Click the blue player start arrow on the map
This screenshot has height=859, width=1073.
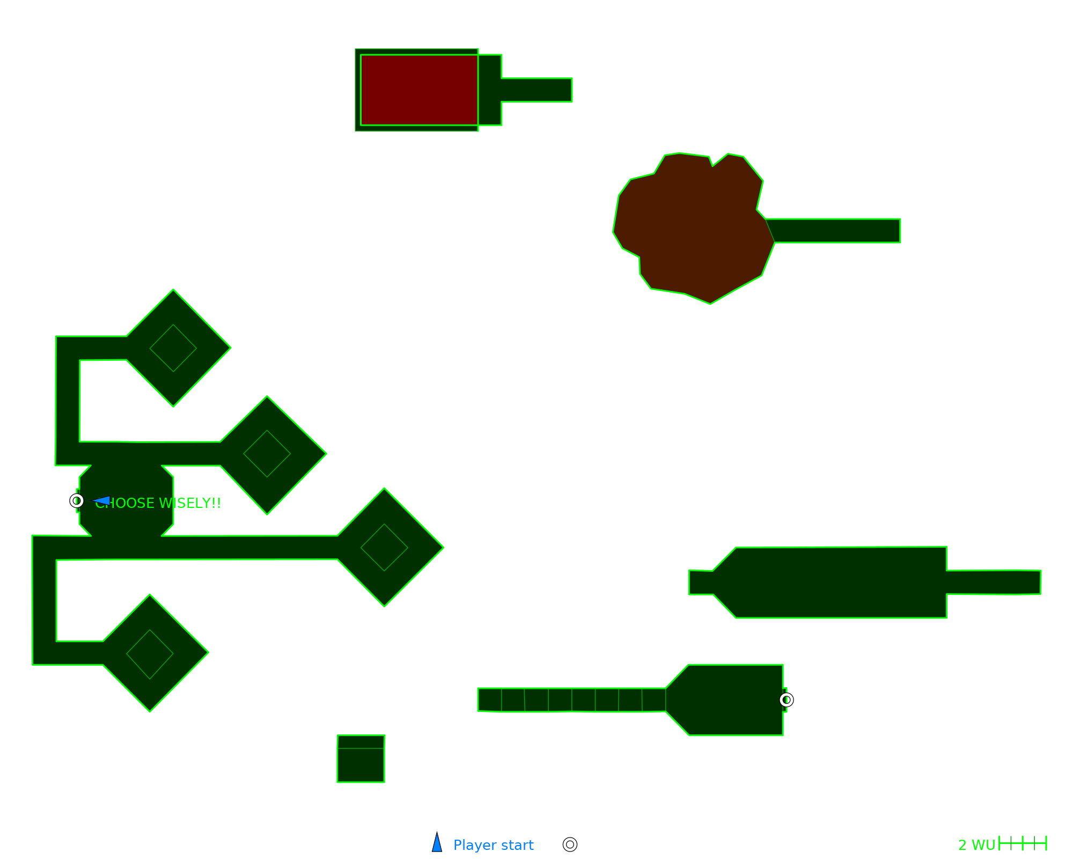click(102, 501)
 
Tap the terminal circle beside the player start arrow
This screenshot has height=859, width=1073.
click(77, 501)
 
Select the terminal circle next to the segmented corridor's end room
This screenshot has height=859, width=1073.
click(786, 700)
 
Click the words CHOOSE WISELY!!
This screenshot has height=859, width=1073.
click(158, 503)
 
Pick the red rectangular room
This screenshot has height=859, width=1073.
click(419, 90)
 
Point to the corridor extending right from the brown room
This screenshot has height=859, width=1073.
click(837, 231)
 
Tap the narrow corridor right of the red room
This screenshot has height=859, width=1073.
click(536, 90)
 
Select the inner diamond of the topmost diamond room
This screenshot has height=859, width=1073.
click(173, 348)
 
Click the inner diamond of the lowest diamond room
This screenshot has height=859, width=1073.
click(150, 654)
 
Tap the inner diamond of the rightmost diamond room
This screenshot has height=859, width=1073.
click(384, 548)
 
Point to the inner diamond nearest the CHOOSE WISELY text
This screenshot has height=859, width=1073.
click(267, 454)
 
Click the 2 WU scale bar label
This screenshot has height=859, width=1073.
click(976, 845)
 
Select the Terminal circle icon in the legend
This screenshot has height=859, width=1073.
click(570, 845)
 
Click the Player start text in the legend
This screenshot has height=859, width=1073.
click(494, 845)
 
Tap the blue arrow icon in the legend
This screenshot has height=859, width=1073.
click(437, 843)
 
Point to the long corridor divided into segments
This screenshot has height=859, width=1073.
click(571, 700)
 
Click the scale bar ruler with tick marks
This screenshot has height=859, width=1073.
click(1023, 843)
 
